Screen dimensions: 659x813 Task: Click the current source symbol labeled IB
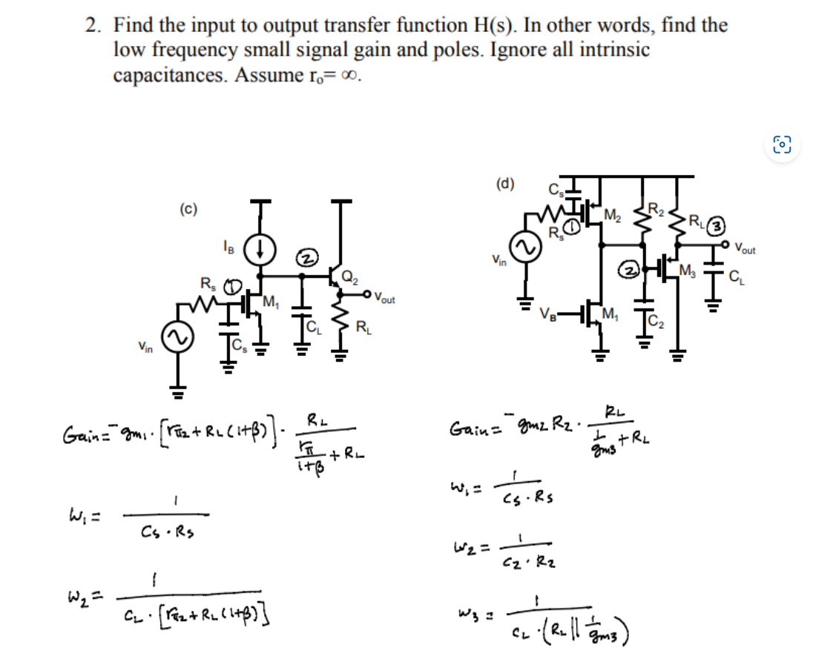[x=261, y=248]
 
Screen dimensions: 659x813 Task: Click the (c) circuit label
[x=188, y=209]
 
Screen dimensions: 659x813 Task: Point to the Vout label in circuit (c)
[x=384, y=299]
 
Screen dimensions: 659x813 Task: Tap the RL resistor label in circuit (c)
[x=364, y=326]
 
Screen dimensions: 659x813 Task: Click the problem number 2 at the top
[x=91, y=26]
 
